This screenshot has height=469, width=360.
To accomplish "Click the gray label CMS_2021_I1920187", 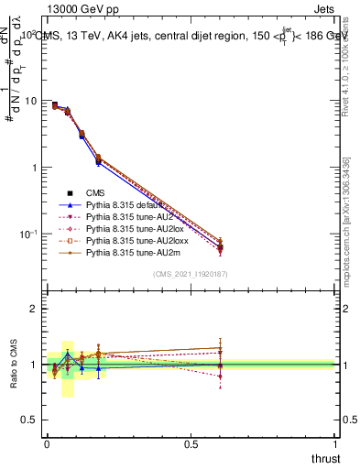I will (190, 274).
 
